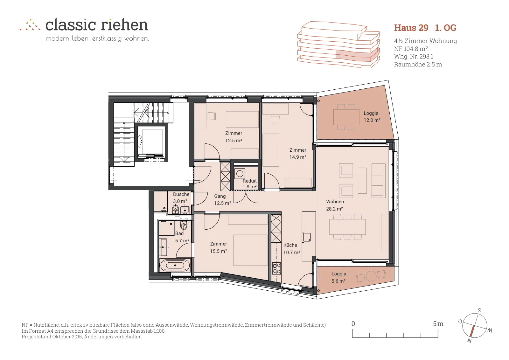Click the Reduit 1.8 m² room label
[x=249, y=184]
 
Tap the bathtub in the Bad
[x=175, y=265]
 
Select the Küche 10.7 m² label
[x=291, y=249]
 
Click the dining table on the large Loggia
[x=346, y=117]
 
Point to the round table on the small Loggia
[x=371, y=276]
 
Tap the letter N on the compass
[x=470, y=340]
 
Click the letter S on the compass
[x=479, y=310]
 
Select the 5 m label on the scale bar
[x=438, y=324]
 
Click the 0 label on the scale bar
[x=353, y=324]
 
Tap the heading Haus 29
[x=411, y=28]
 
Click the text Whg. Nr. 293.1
[x=414, y=56]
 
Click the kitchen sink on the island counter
[x=307, y=237]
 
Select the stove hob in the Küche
[x=276, y=268]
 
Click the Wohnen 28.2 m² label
[x=335, y=205]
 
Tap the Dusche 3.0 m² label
[x=181, y=197]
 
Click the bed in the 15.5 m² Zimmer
[x=250, y=250]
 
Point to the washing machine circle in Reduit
[x=240, y=174]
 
